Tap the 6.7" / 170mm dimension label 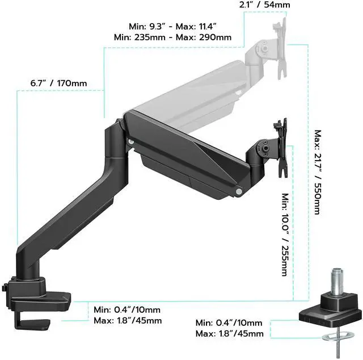click(59, 83)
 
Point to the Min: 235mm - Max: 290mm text click(172, 37)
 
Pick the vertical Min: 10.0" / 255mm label click(285, 233)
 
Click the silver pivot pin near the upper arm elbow click(132, 141)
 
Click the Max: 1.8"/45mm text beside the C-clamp click(128, 321)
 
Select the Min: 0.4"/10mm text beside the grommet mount click(229, 323)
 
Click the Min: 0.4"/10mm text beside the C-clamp click(127, 309)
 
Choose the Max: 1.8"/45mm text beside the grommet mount click(229, 333)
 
